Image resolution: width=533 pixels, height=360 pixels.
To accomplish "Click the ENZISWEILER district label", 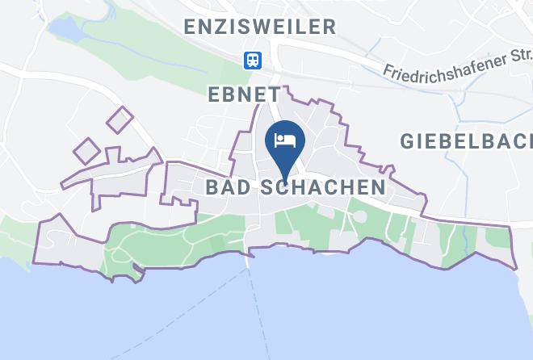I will coord(259,27).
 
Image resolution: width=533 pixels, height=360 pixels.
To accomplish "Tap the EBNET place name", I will coord(244,94).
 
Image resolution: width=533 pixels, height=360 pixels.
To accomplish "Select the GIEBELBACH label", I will coord(466,141).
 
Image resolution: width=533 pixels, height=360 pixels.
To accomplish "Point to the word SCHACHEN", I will coord(323,187).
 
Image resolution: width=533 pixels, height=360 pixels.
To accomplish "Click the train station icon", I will coord(253,61).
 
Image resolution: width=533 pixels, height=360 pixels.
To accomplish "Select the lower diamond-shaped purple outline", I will coord(87,150).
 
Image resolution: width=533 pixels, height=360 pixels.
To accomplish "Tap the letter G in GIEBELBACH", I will coord(408,141).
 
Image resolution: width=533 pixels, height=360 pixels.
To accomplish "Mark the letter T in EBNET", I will coord(274,94).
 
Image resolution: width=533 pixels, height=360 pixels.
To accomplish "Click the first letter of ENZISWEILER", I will coord(190,27).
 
